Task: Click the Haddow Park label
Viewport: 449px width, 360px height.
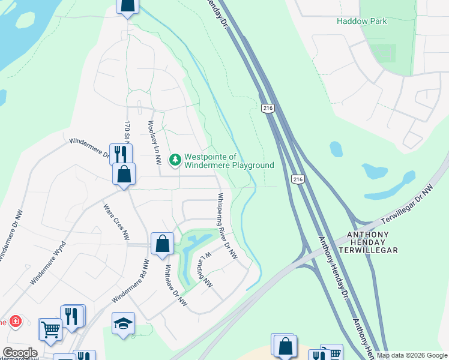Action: [x=361, y=21]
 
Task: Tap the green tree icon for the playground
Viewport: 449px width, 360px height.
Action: [x=175, y=160]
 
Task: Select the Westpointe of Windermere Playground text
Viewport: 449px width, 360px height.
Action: [x=229, y=160]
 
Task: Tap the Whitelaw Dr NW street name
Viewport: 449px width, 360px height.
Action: [x=176, y=286]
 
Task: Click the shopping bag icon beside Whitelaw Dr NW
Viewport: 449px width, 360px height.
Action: [x=161, y=244]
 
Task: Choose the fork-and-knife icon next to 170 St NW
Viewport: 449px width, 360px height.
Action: [x=120, y=153]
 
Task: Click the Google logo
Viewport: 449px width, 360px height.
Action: [x=19, y=353]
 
